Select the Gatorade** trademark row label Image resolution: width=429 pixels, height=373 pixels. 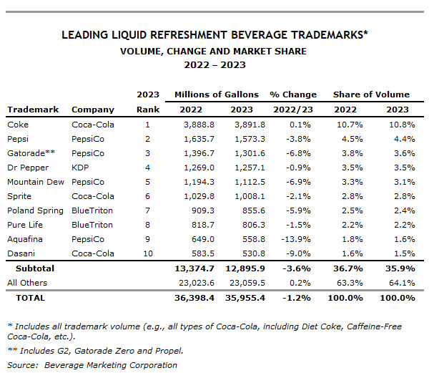(26, 152)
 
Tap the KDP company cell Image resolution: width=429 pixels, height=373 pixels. (80, 167)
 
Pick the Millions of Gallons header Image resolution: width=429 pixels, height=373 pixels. (216, 95)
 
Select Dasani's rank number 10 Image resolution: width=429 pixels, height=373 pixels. (148, 253)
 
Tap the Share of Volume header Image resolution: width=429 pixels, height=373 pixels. (371, 95)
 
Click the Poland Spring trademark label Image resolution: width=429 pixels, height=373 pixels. (34, 210)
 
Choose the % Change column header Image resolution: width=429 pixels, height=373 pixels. (292, 95)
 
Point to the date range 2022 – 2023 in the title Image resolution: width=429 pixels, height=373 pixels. (214, 64)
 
